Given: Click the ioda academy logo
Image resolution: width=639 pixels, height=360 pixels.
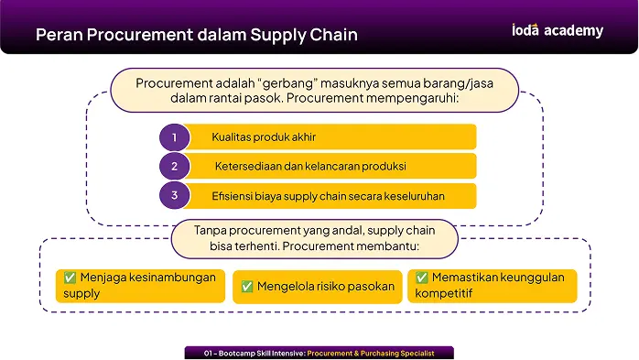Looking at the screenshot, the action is pos(558,30).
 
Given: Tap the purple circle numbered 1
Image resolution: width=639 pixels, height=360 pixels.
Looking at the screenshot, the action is pos(175,137).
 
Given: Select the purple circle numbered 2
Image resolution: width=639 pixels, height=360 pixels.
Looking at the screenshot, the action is pos(175,167).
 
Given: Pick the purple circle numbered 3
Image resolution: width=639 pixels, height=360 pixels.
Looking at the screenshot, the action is pos(175,196).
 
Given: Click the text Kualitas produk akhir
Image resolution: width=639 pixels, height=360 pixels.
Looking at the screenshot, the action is pos(264,137).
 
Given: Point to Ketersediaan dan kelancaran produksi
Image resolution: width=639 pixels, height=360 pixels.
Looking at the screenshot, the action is pos(310,167).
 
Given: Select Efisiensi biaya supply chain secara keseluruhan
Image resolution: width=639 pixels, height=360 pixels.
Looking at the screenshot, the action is pos(328,196).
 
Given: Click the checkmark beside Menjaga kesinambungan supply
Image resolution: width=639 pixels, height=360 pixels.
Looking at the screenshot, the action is pos(70,278).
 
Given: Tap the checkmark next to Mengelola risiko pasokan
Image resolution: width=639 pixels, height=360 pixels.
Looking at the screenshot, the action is pos(247,287).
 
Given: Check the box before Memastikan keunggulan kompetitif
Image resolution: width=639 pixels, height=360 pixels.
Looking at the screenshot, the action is pos(422,278).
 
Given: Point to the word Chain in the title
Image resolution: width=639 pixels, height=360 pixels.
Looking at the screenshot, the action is pos(334,35).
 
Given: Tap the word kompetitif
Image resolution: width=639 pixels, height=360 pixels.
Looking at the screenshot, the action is pos(443,293).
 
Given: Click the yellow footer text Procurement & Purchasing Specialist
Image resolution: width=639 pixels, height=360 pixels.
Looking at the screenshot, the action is pos(371,353).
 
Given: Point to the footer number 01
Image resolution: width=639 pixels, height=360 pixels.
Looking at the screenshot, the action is pos(208,353).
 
